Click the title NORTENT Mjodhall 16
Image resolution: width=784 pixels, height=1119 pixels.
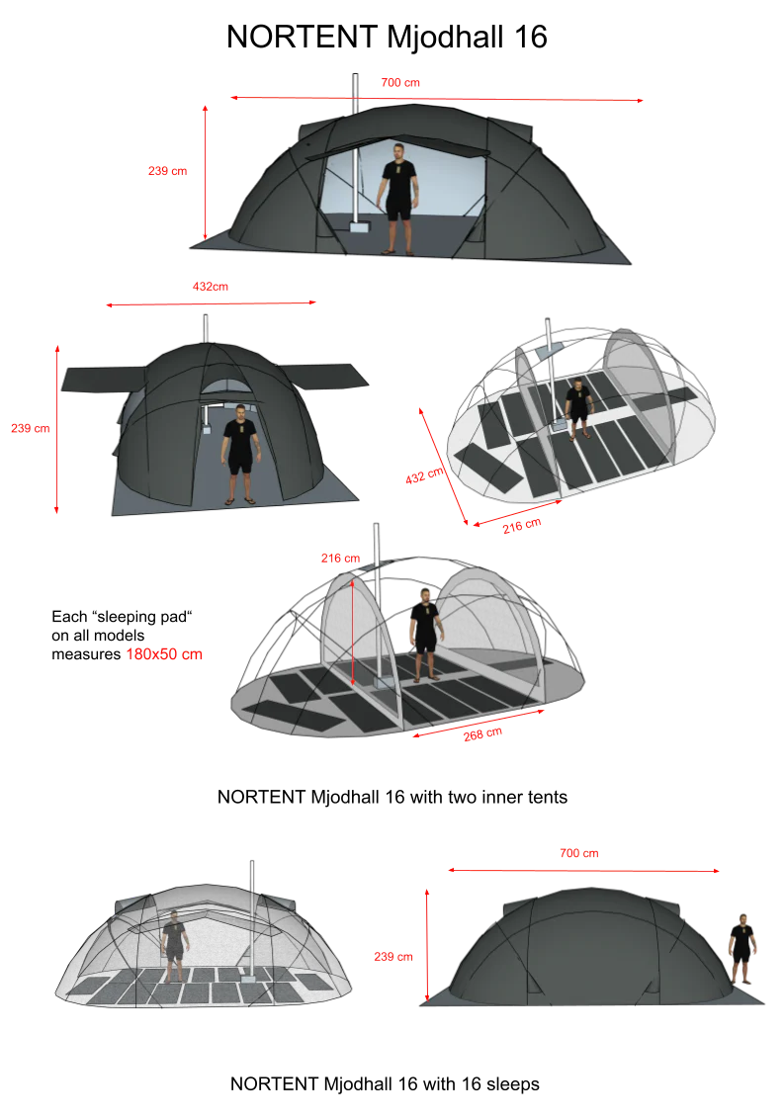point(387,38)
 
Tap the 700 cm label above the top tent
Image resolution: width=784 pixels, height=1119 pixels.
point(400,83)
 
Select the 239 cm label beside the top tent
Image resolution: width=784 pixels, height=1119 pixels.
point(168,171)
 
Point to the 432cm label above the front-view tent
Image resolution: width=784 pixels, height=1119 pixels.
point(211,287)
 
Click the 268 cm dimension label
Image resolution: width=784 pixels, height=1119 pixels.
point(482,734)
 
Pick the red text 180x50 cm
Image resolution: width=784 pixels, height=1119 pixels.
point(164,654)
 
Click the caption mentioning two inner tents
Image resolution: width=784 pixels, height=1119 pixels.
point(392,797)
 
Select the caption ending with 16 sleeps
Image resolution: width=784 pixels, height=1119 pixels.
point(385,1084)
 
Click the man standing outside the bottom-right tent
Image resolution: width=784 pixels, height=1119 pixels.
point(742,949)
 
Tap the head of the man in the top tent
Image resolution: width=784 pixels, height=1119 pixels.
point(398,152)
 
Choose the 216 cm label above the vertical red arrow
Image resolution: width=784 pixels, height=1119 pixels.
point(340,559)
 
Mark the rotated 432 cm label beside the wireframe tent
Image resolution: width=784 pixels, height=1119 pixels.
point(425,476)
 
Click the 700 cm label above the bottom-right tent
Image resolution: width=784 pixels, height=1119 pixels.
point(579,853)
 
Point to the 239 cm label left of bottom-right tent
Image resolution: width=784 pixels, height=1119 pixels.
point(393,957)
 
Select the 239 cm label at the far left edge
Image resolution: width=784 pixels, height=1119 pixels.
point(31,429)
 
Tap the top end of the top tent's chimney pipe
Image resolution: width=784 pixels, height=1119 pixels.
point(355,74)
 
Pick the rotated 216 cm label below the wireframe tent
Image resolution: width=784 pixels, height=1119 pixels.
point(522,526)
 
